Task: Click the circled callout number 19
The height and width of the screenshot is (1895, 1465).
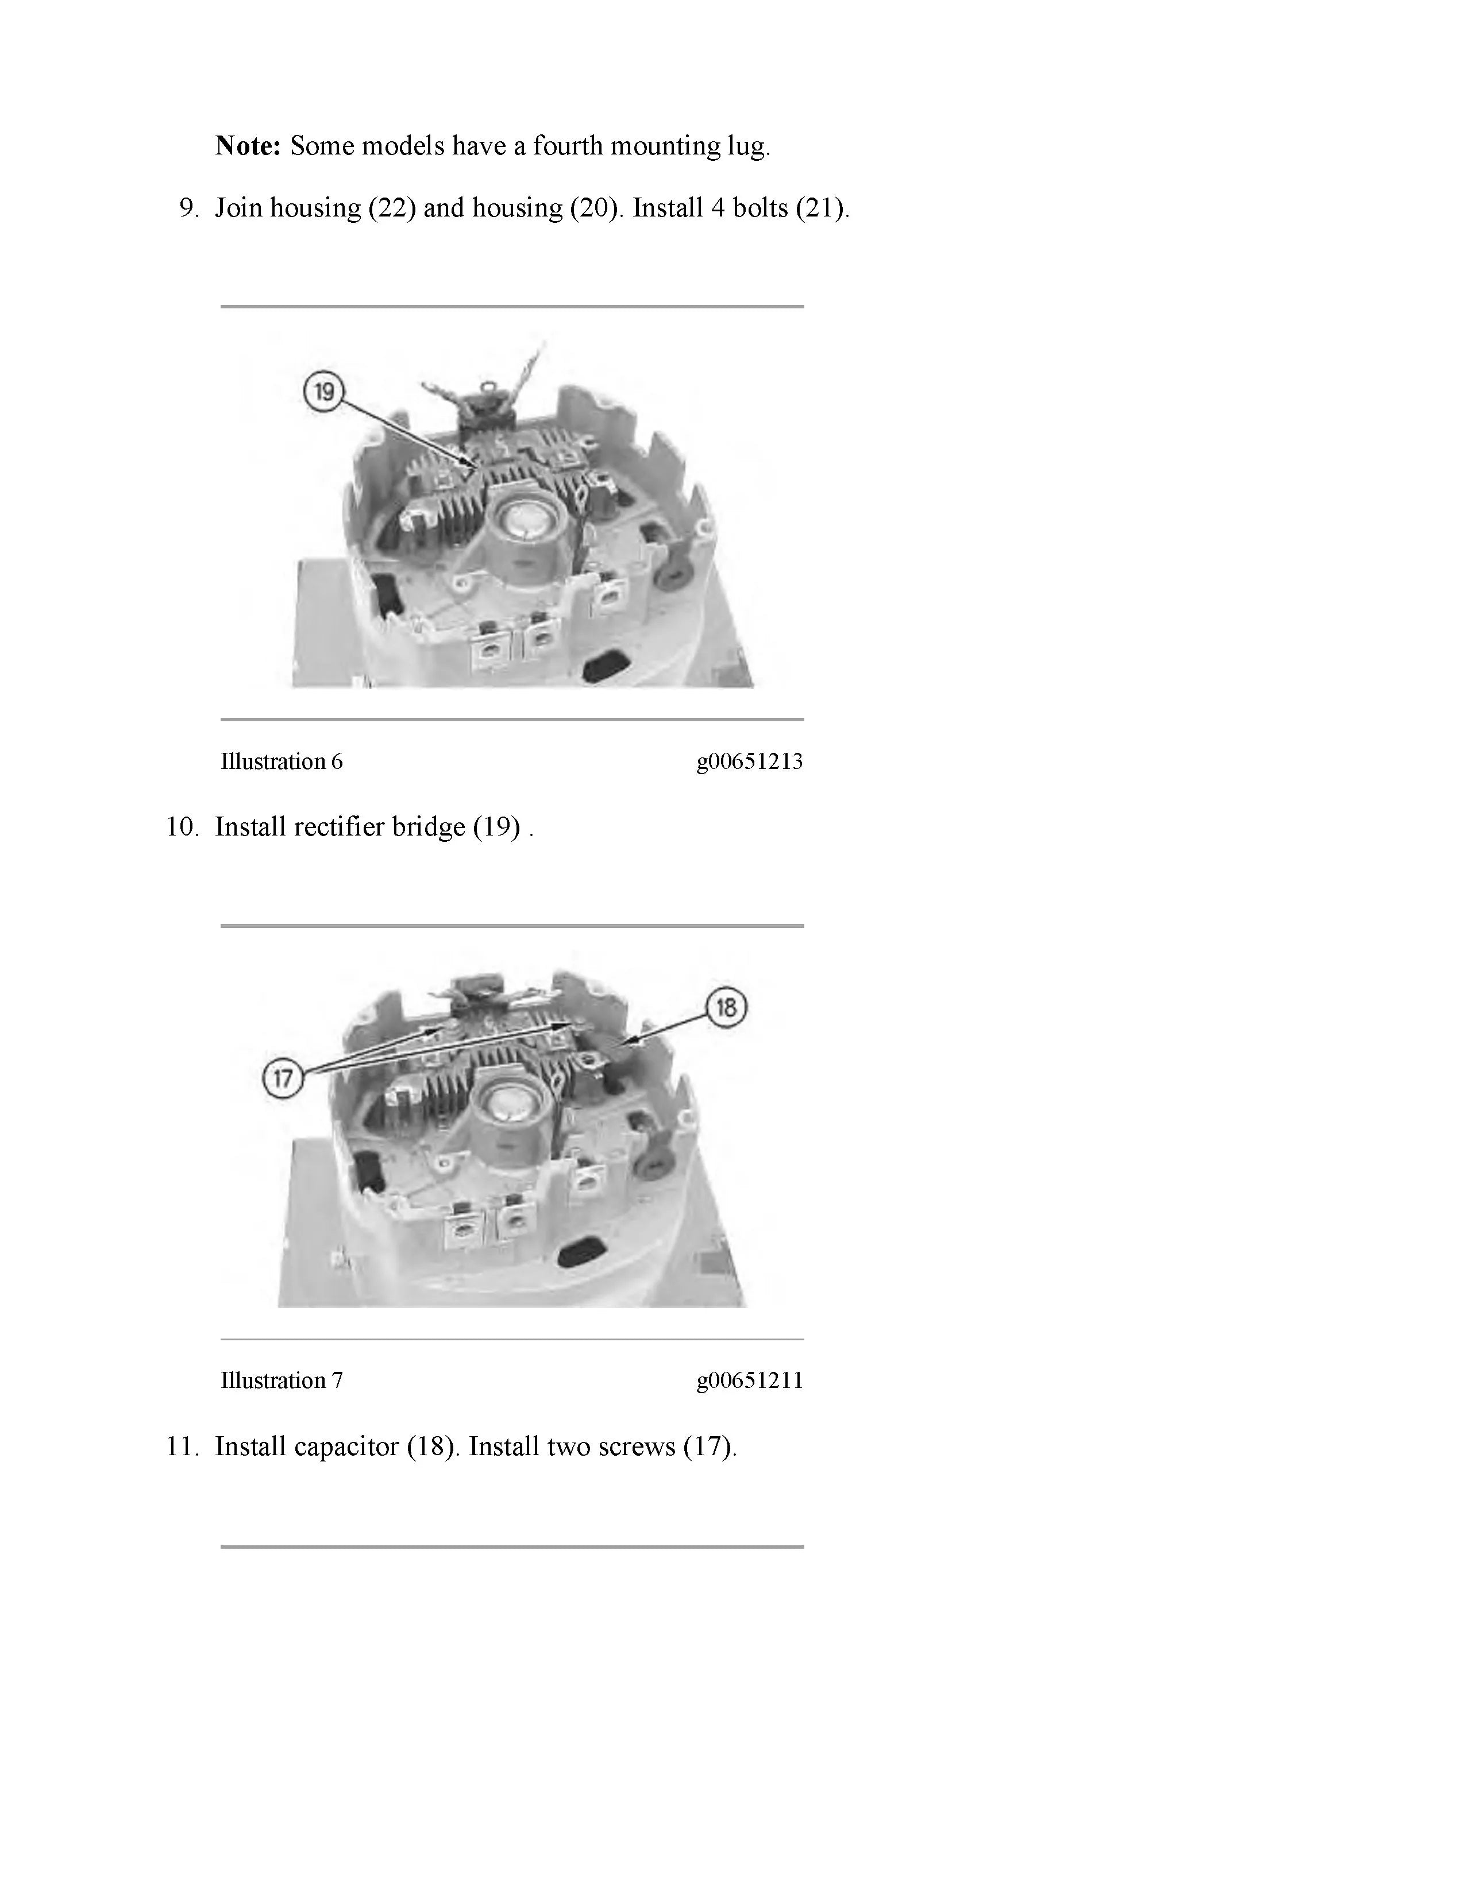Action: click(x=323, y=392)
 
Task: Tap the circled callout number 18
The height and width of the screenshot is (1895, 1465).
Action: click(x=726, y=1007)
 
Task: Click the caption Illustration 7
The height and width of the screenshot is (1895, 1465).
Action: click(x=281, y=1379)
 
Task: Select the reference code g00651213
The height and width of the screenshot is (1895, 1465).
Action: click(x=749, y=762)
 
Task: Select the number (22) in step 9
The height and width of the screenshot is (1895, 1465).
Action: click(x=391, y=209)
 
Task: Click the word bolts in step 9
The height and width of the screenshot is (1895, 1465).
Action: click(x=760, y=208)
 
